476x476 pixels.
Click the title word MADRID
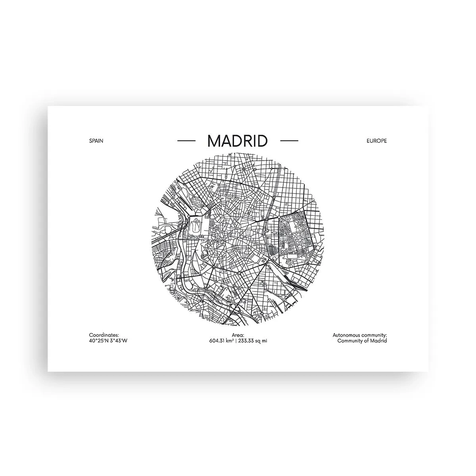237,141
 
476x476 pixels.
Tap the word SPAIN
96,141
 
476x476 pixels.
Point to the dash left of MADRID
186,141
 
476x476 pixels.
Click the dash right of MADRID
289,141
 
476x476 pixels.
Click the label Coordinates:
104,335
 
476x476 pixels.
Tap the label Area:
238,335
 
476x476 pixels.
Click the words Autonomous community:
360,335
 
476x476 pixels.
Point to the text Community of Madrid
362,341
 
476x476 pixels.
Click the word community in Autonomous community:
374,335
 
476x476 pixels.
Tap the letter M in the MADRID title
215,141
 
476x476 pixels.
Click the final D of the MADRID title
261,141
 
